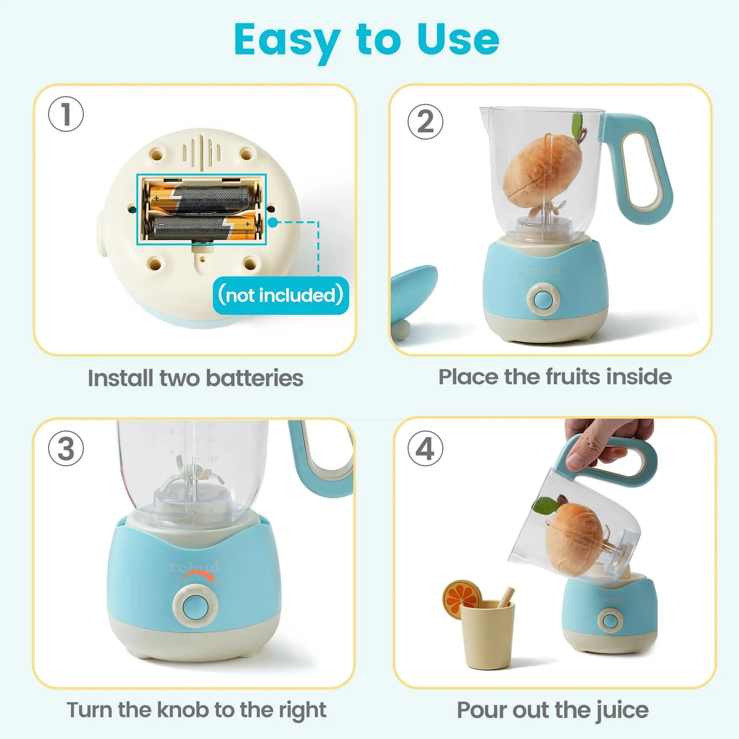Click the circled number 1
pyautogui.click(x=66, y=114)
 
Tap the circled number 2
pyautogui.click(x=425, y=122)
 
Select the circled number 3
pyautogui.click(x=66, y=448)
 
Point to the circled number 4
pyautogui.click(x=425, y=448)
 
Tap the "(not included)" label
pyautogui.click(x=280, y=295)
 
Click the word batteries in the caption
pyautogui.click(x=254, y=378)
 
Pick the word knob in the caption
pyautogui.click(x=183, y=710)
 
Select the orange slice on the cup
pyautogui.click(x=462, y=596)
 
